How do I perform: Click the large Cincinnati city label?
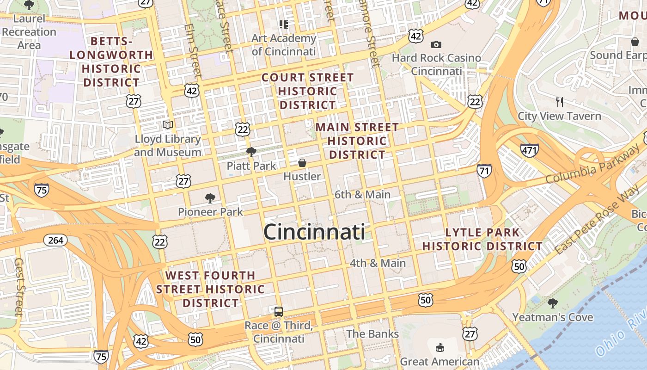[x=314, y=232]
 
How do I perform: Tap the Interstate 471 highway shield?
[x=529, y=150]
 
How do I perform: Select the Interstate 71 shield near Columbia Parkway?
[x=484, y=170]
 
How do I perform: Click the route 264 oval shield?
[x=55, y=240]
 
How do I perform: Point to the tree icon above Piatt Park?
[x=251, y=152]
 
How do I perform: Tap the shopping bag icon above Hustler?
[x=302, y=163]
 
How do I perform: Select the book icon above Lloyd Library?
[x=168, y=125]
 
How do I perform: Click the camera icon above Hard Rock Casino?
[x=436, y=44]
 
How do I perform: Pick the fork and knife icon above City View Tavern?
[x=560, y=102]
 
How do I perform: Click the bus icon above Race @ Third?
[x=278, y=312]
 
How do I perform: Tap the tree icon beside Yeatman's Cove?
[x=552, y=304]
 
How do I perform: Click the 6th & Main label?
[x=362, y=195]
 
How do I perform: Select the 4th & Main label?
[x=378, y=263]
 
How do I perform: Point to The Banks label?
[x=372, y=334]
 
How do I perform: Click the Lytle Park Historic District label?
[x=482, y=239]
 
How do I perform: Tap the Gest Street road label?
[x=19, y=287]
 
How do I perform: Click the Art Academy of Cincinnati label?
[x=283, y=45]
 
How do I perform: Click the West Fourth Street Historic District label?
[x=210, y=289]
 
